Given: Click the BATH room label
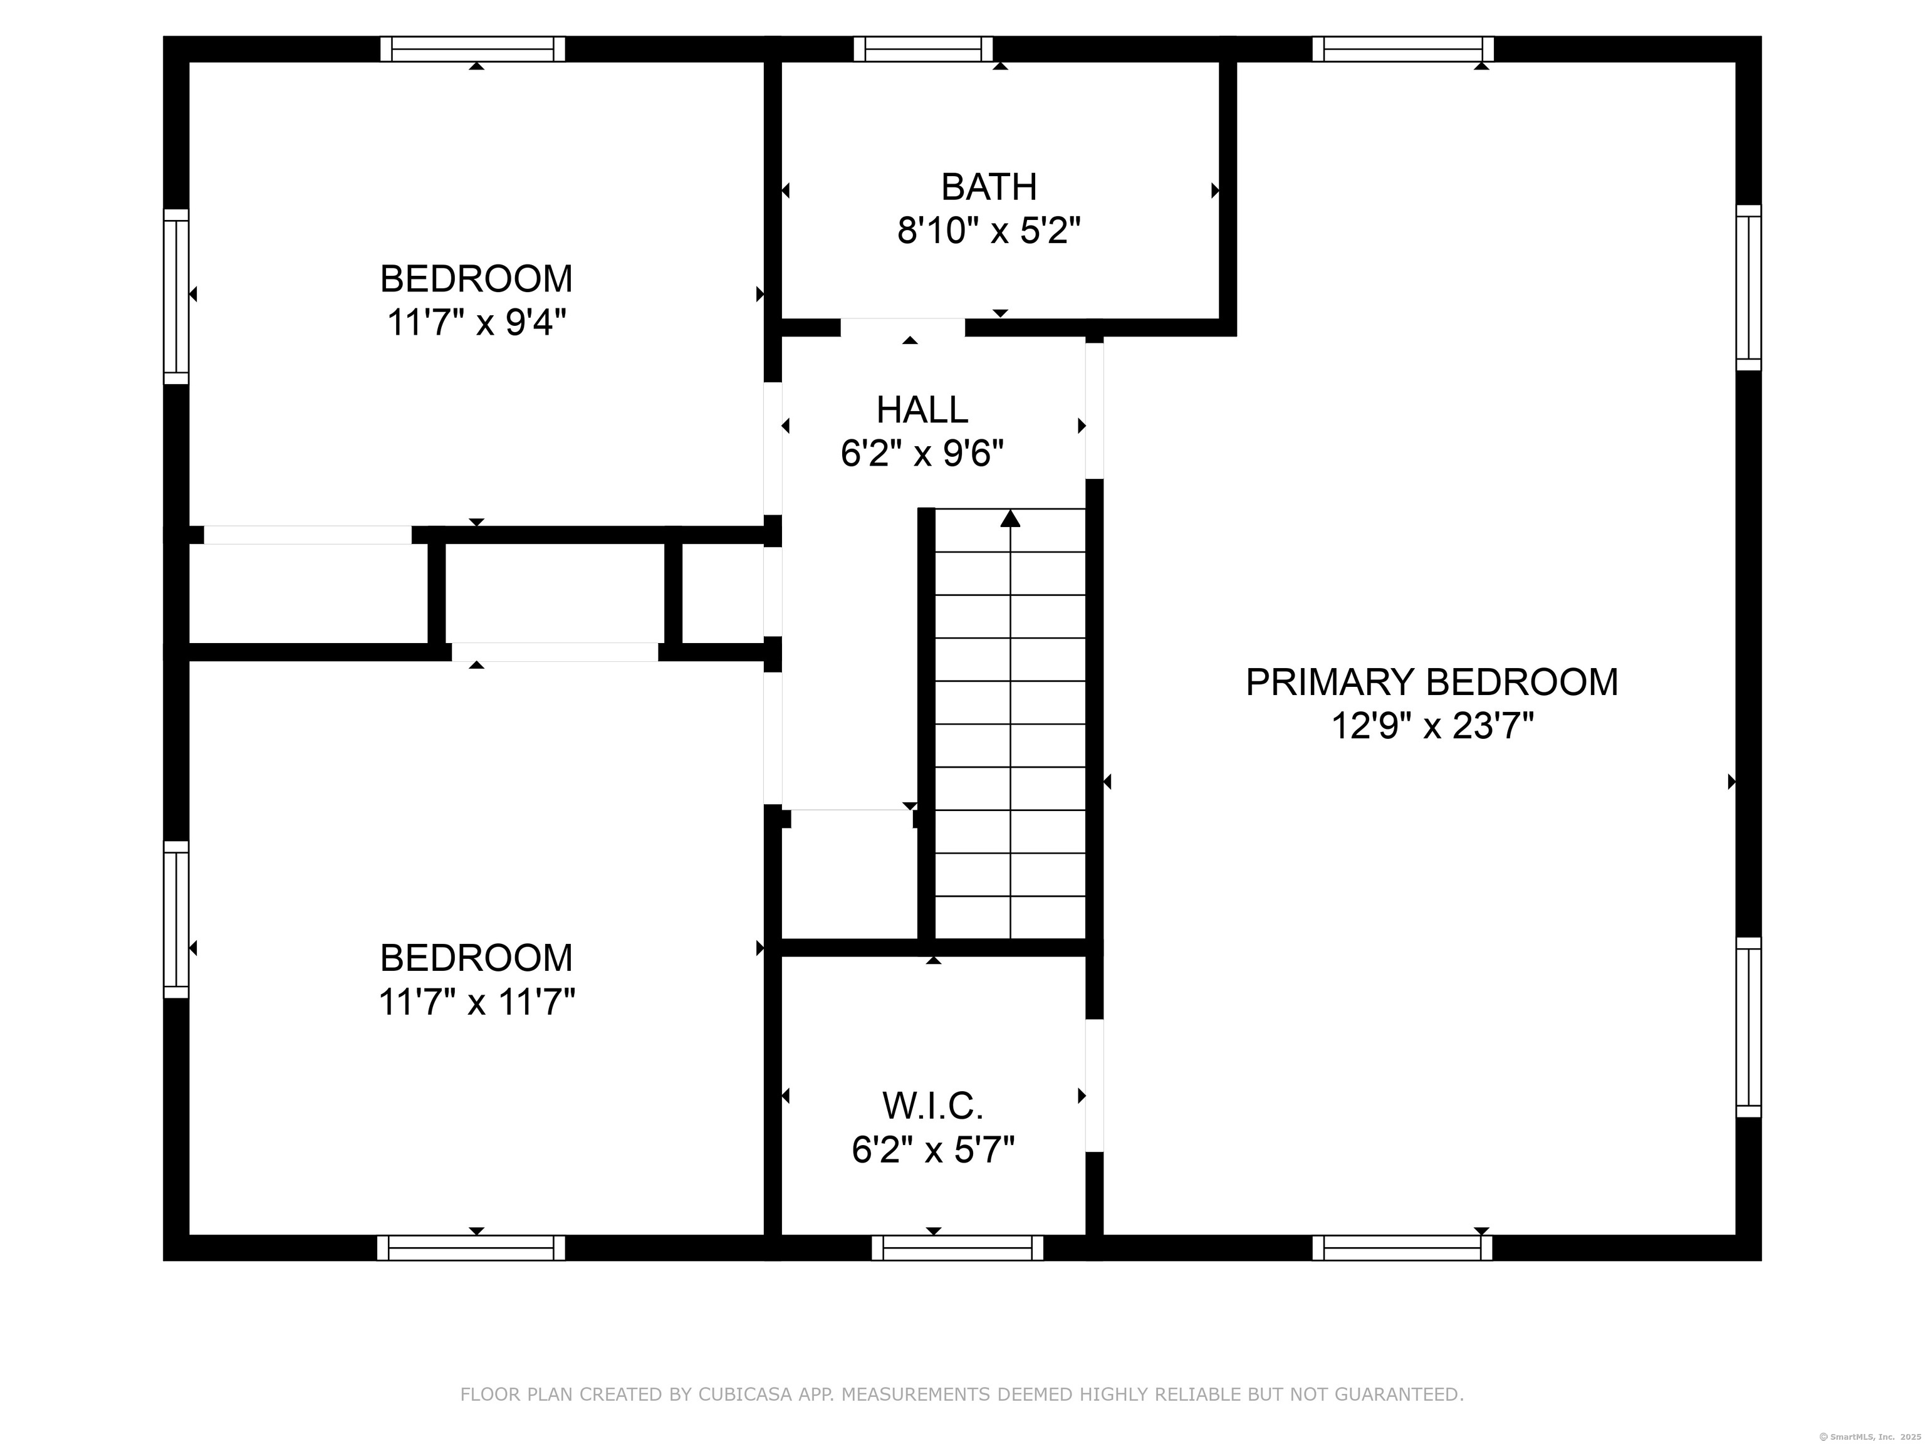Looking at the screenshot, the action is tap(989, 187).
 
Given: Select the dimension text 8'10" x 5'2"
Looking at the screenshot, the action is tap(989, 231).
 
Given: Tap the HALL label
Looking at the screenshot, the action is tap(922, 410).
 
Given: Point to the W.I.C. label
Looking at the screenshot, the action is tap(933, 1106).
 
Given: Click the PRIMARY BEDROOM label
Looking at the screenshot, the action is tap(1432, 683).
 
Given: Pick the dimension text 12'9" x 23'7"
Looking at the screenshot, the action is tap(1432, 726).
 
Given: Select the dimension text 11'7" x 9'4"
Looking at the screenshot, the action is tap(476, 323).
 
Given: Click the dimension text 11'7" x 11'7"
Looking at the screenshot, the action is tap(476, 1002).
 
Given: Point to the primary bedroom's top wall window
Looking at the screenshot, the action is tap(1403, 50).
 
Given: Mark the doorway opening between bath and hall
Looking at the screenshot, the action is tap(902, 327).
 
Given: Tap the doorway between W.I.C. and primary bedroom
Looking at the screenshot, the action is tap(1095, 1086).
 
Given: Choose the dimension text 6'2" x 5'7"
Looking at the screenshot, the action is tap(933, 1151).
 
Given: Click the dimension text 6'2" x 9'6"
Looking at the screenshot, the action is tap(922, 454).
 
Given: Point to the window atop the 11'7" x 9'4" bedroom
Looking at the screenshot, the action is tap(472, 50).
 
